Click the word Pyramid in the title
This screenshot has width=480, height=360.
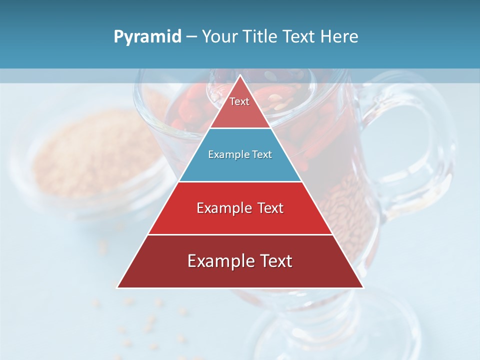click(x=147, y=37)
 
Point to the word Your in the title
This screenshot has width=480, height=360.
click(x=219, y=37)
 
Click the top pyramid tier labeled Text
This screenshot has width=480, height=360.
click(x=239, y=107)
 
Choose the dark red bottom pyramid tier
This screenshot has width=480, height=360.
click(x=240, y=267)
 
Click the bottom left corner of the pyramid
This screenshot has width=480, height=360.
click(x=117, y=287)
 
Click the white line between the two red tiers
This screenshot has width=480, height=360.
click(x=240, y=234)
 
